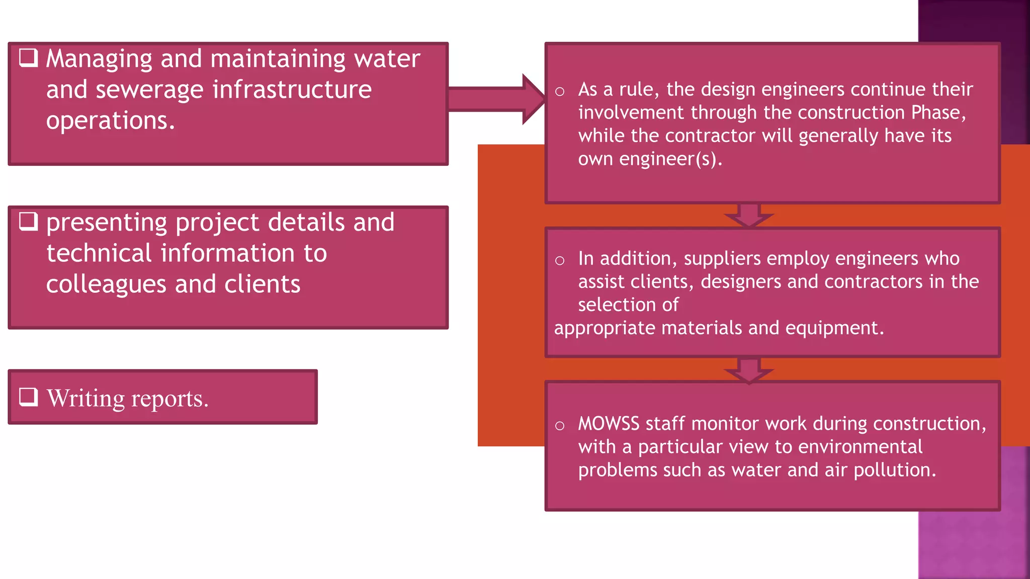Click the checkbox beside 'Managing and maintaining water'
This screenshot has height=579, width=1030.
pyautogui.click(x=28, y=57)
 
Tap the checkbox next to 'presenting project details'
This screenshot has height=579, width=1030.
pyautogui.click(x=28, y=221)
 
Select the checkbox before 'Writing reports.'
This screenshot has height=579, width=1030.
pyautogui.click(x=28, y=397)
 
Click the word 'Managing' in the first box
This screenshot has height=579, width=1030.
pyautogui.click(x=99, y=59)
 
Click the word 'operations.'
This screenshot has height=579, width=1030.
pyautogui.click(x=111, y=121)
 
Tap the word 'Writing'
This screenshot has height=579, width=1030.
pyautogui.click(x=85, y=399)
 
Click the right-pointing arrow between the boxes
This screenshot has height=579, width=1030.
pyautogui.click(x=495, y=99)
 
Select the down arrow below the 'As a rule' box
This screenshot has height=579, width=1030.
pyautogui.click(x=749, y=215)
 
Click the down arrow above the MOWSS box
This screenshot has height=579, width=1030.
pyautogui.click(x=749, y=370)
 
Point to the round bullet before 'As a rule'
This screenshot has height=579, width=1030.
pyautogui.click(x=560, y=91)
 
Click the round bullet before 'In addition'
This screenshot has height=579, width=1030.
pyautogui.click(x=560, y=260)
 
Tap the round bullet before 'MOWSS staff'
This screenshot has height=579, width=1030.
pyautogui.click(x=560, y=426)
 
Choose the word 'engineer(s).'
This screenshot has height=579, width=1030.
pyautogui.click(x=670, y=159)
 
